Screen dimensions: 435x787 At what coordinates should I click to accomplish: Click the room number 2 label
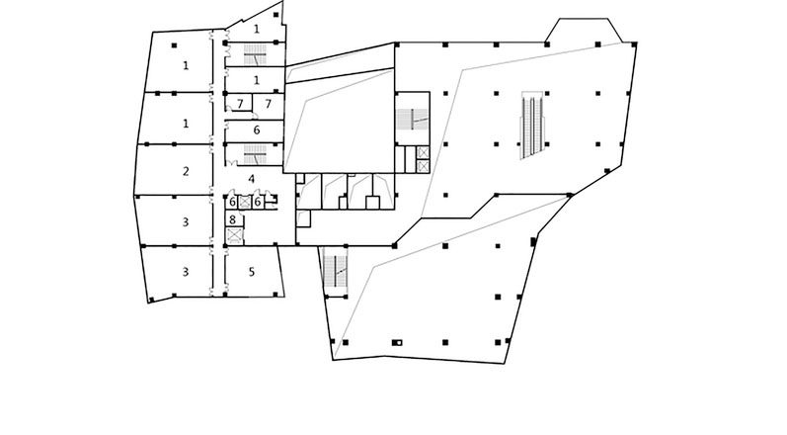point(185,171)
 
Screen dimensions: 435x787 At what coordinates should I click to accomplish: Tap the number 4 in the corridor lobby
point(253,179)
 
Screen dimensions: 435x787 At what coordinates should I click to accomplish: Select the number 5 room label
point(253,271)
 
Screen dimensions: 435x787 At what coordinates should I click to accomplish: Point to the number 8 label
point(233,219)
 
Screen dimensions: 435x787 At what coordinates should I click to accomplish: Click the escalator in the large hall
point(533,126)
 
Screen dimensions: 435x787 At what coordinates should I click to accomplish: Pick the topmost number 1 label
point(257,30)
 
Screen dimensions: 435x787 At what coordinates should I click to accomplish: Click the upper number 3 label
point(185,221)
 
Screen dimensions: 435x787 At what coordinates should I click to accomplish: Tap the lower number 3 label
point(185,271)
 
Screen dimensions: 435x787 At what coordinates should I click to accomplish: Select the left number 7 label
point(239,104)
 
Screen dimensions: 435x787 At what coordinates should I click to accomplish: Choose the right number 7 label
point(267,104)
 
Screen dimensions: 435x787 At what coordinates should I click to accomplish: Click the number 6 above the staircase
point(257,130)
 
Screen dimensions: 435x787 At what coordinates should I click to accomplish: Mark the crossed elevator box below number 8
point(234,236)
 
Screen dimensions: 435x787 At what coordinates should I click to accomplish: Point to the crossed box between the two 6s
point(245,202)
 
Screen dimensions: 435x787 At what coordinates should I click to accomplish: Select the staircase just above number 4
point(255,154)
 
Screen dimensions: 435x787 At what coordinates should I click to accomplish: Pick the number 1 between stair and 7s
point(257,80)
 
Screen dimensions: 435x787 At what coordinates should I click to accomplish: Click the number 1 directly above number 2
point(185,123)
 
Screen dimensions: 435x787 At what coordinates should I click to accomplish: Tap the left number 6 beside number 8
point(233,202)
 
